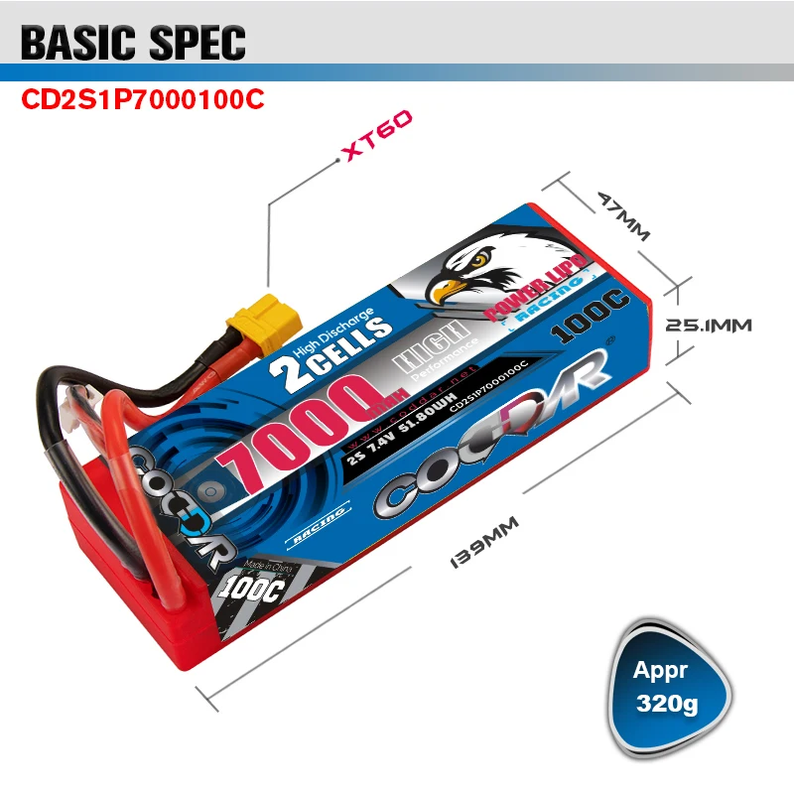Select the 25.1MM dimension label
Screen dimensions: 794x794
click(708, 325)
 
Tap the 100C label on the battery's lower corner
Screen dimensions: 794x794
click(255, 589)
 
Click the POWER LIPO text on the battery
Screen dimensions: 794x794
click(536, 289)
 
